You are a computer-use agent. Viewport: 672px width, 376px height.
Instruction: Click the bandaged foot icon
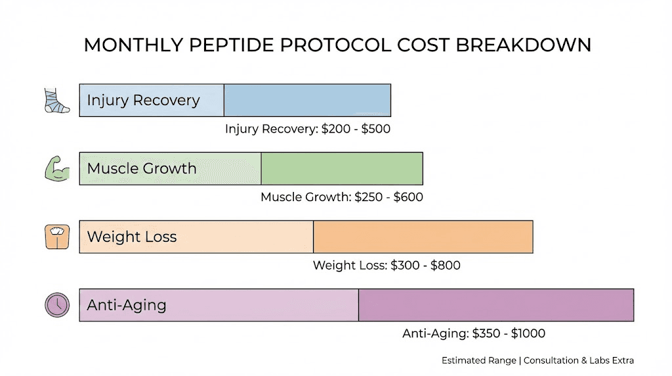56,101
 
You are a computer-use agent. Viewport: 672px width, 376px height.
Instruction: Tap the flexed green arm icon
56,169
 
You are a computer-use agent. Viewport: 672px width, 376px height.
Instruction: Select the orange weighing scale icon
56,237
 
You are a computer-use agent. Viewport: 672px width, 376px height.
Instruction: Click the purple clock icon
56,305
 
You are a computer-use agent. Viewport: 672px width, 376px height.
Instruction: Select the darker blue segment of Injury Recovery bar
307,101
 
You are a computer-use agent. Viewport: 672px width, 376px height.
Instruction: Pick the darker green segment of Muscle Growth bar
342,169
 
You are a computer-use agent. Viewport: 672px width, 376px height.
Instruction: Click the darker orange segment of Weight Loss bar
423,237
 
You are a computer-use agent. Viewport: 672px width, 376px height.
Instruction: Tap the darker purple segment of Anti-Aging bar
495,305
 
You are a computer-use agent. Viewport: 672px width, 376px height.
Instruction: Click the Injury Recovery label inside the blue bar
143,101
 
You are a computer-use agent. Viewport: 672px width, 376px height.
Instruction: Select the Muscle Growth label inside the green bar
142,169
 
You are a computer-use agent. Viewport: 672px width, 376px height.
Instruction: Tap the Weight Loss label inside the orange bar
132,237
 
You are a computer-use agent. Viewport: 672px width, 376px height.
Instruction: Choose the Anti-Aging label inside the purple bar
127,306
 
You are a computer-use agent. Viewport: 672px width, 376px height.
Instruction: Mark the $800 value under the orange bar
445,266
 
